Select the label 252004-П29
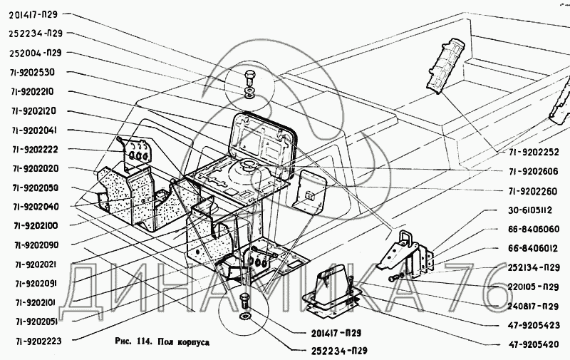tap(37, 52)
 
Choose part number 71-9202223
tap(36, 341)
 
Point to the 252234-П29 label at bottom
tap(340, 351)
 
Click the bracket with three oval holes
tap(135, 153)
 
